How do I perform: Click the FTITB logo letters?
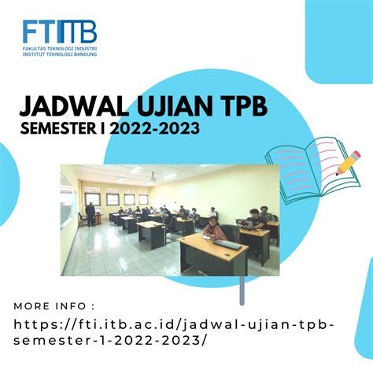[x=59, y=32]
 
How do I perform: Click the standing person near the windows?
[x=90, y=212]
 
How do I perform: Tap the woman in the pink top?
[x=212, y=228]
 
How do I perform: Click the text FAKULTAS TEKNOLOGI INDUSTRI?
[x=59, y=48]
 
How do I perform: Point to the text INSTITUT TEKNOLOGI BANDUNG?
[x=59, y=54]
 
